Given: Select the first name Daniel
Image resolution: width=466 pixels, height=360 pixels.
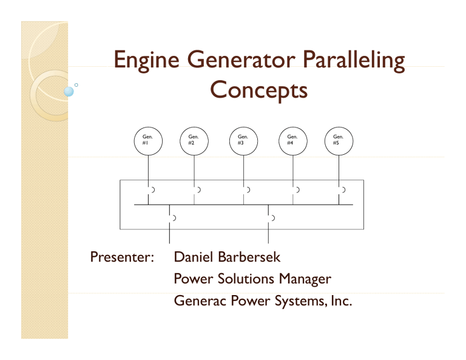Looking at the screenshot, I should (192, 257).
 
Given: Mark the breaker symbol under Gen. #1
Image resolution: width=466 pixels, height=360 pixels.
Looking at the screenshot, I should (150, 190).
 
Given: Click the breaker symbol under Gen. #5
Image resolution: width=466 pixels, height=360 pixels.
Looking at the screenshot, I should (342, 190).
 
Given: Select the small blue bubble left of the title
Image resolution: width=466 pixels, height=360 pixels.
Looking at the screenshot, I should (69, 92).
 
